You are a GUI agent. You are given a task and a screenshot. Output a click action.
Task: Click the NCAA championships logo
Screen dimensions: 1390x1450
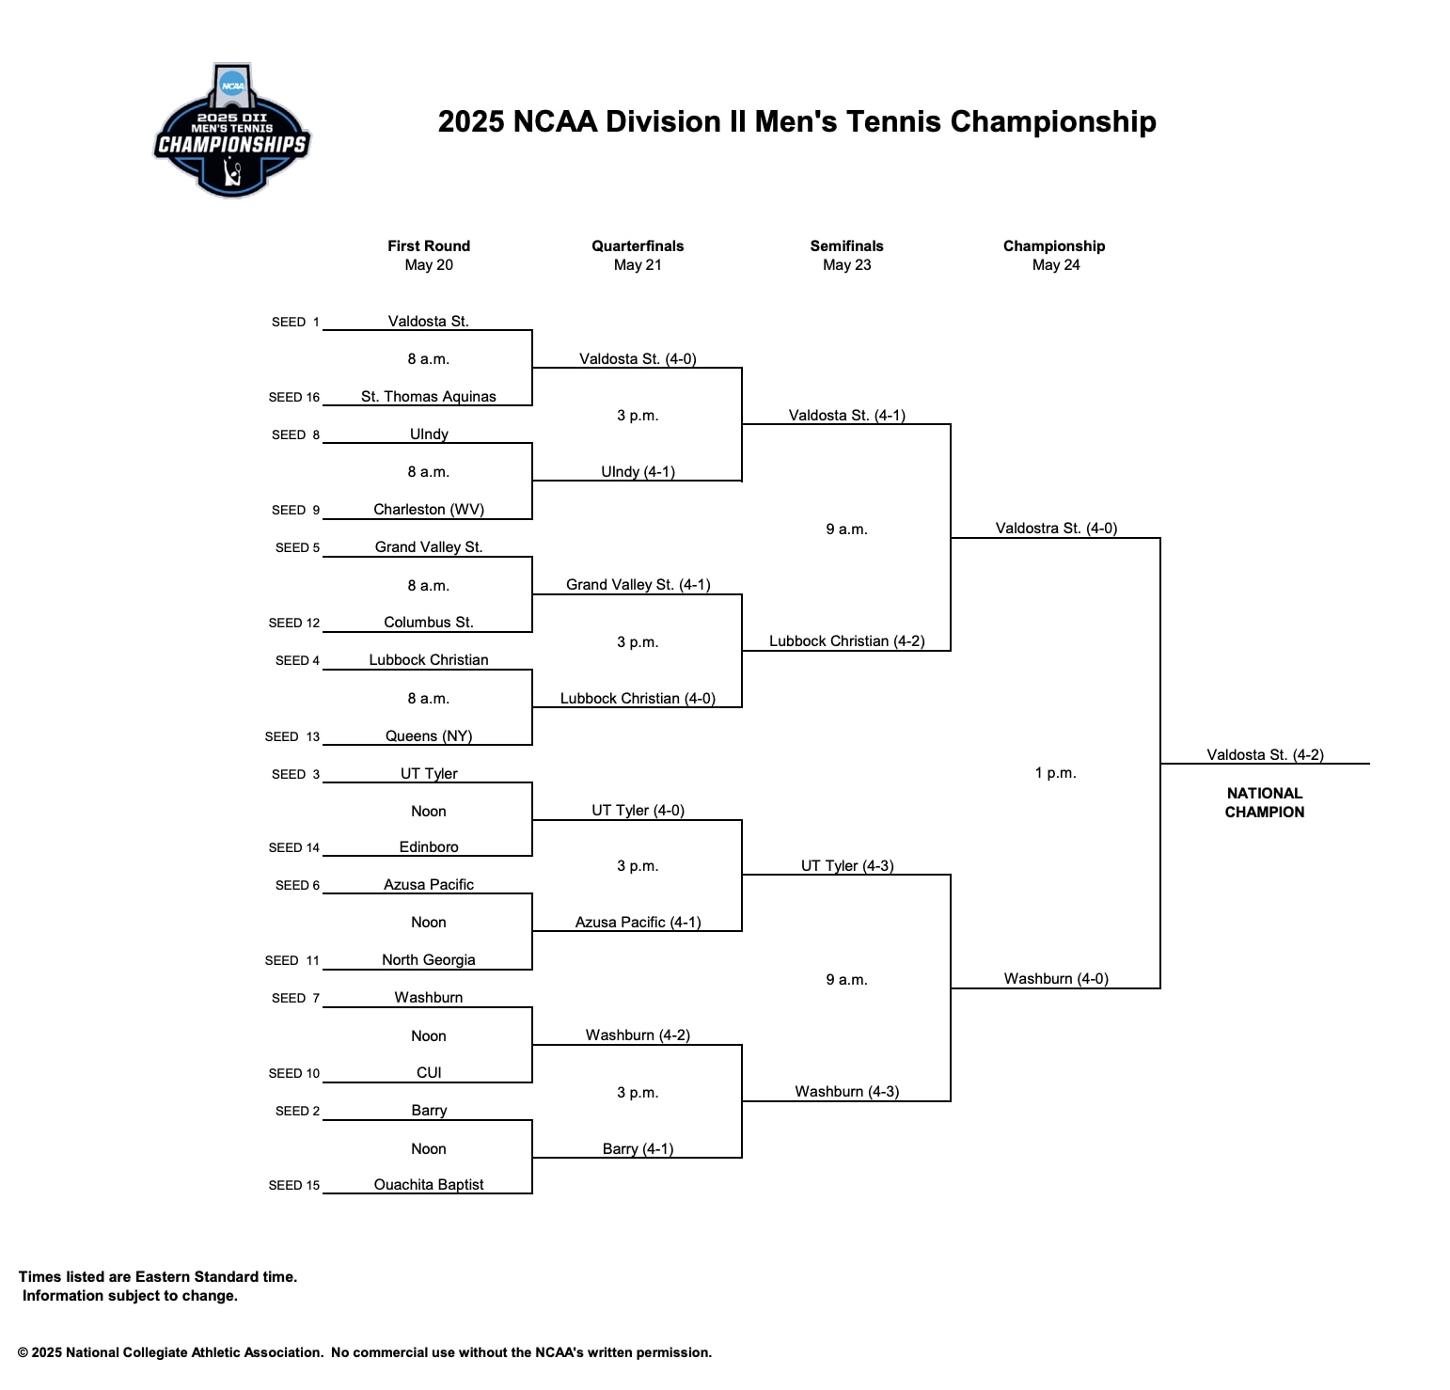[x=231, y=132]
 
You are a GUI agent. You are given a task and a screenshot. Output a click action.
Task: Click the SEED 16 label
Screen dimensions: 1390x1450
[x=293, y=397]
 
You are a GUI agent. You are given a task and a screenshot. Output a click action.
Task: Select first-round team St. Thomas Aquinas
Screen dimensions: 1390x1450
[x=428, y=396]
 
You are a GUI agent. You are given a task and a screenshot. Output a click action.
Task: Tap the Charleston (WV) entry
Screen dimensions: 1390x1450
[x=428, y=509]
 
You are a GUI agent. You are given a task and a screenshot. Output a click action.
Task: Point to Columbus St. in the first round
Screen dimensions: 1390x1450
[x=428, y=622]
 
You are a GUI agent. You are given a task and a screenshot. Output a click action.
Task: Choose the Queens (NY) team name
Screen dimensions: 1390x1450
[x=428, y=735]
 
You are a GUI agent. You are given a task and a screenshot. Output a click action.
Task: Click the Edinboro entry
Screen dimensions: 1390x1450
[x=428, y=846]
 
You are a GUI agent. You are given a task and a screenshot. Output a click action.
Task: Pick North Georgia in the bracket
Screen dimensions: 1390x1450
[x=428, y=959]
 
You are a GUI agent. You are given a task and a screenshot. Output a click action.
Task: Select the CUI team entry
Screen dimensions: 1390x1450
[x=428, y=1072]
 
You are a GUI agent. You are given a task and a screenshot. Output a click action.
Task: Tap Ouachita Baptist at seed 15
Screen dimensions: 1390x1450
[x=428, y=1184]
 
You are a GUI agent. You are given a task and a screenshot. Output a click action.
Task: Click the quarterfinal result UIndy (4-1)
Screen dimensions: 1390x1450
[x=638, y=471]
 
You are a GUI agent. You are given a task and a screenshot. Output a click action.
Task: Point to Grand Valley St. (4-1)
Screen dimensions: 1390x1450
[x=638, y=584]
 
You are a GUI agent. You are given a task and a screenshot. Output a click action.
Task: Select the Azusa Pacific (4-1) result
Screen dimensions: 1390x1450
[x=638, y=922]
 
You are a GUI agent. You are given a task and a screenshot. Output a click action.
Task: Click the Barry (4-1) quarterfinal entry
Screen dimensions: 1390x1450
[x=638, y=1148]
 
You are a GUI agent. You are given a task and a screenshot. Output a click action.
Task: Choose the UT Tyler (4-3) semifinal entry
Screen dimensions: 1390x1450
[x=846, y=865]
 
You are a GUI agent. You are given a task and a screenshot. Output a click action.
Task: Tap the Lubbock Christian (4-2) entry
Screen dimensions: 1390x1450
[x=846, y=640]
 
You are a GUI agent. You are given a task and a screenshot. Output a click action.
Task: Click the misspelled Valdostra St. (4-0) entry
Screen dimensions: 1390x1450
[x=1056, y=528]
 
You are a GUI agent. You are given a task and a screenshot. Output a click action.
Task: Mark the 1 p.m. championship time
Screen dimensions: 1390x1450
[x=1055, y=772]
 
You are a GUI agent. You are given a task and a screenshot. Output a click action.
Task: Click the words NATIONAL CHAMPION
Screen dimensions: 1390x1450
[x=1264, y=802]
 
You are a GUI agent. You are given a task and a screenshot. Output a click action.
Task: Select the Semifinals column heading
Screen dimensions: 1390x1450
[x=846, y=245]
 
